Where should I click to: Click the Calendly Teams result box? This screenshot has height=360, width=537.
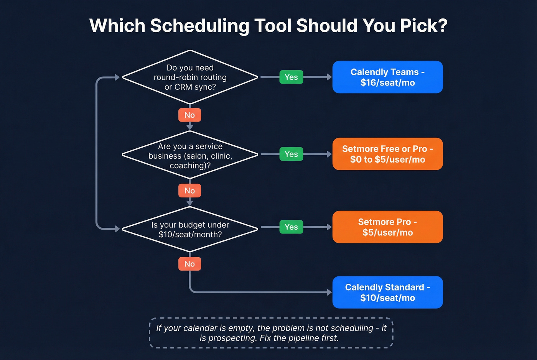tap(387, 77)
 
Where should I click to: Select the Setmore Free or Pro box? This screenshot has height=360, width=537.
tap(387, 154)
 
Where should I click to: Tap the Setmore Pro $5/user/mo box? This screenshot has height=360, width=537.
tap(387, 227)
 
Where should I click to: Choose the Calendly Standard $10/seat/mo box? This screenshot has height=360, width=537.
tap(387, 293)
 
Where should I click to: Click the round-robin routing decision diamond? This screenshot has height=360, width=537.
tap(190, 77)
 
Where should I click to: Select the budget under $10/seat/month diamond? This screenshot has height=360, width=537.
tap(190, 229)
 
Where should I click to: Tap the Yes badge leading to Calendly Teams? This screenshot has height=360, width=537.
tap(291, 77)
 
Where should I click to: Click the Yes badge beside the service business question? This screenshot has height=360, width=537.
tap(291, 154)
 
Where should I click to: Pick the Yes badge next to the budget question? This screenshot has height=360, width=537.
tap(291, 227)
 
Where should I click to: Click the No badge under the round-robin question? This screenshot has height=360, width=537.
tap(189, 115)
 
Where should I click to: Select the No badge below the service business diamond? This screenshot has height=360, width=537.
tap(189, 191)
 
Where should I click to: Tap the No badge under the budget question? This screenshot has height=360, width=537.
tap(189, 264)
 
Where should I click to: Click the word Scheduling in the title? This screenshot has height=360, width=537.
tap(199, 26)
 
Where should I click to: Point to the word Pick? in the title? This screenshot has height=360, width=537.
tap(423, 26)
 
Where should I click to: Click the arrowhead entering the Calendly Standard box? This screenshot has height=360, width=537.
tap(329, 293)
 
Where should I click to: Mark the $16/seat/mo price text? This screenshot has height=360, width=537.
tap(387, 83)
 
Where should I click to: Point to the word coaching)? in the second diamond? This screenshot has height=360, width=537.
tap(190, 166)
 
